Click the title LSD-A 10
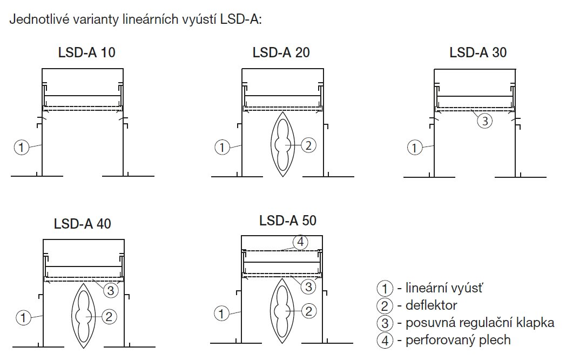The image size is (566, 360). pos(86,53)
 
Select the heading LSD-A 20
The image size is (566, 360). pos(281,53)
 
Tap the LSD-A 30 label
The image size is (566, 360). pos(478,53)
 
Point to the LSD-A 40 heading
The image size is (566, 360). pos(83,224)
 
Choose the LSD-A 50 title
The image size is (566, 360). pos(288,221)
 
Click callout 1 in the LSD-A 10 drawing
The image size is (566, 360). pos(21,147)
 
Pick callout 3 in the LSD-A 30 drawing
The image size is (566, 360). pos(484,121)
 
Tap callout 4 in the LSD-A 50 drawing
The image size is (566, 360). pos(300,241)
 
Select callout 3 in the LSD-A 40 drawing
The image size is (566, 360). pos(110,291)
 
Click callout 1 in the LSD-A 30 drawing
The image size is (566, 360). pos(414,147)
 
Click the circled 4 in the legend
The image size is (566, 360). pos(383,341)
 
